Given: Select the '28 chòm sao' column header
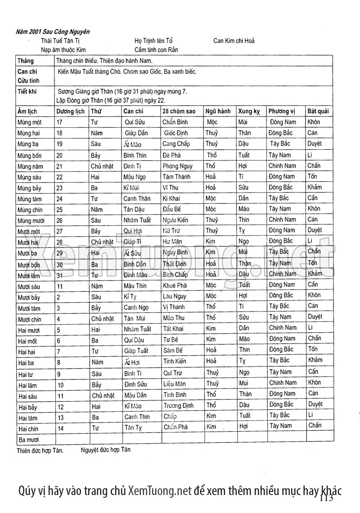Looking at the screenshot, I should pos(179,111).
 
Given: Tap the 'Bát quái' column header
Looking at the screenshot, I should pos(318,111).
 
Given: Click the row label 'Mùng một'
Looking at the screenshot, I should pos(30,122).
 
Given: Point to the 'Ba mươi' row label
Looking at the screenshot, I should pos(28,439).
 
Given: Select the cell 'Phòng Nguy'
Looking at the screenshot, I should pos(177,166).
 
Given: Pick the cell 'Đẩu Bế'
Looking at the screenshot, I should pos(172,209).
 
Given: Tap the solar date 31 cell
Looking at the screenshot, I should pos(60,275).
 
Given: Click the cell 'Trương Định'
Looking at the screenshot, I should pos(179,406).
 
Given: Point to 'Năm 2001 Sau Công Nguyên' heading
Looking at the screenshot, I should pos(53,32).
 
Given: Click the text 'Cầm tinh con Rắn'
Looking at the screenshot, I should pos(156,50).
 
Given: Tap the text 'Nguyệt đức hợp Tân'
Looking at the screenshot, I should pos(106,449).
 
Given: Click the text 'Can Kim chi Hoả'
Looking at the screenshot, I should pos(234,41).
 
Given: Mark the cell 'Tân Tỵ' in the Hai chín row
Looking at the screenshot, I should pos(134,428).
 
